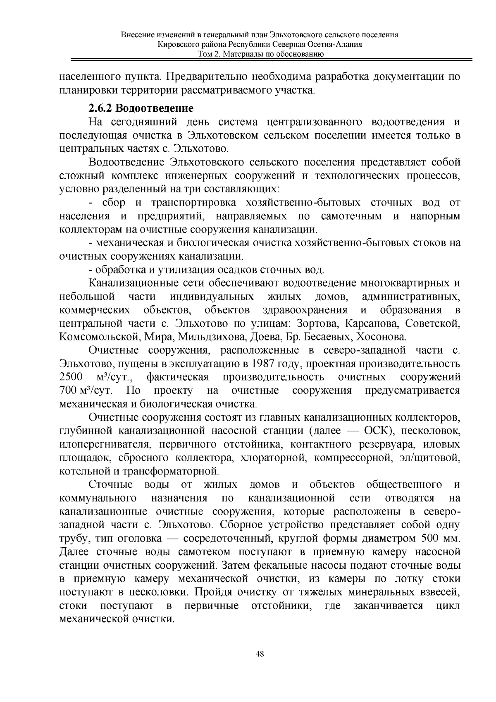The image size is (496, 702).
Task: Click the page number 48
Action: pos(260,654)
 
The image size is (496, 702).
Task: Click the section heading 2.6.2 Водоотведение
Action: pos(141,109)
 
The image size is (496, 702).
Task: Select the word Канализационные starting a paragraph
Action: pos(133,283)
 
